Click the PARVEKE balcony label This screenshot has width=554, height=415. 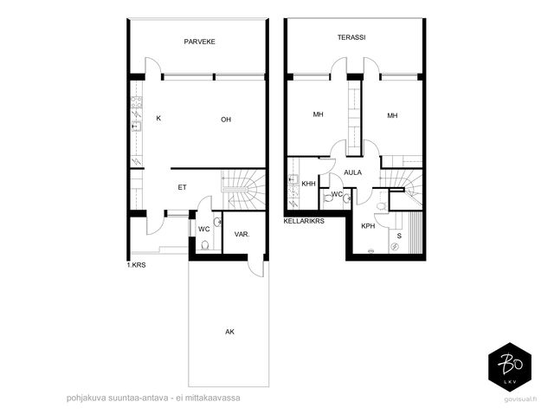(x=199, y=42)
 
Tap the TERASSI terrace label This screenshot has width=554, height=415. (x=351, y=37)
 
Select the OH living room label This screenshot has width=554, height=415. (x=226, y=120)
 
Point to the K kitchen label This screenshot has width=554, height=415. (x=158, y=118)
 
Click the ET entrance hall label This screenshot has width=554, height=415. (x=182, y=187)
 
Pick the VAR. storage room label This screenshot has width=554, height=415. (x=242, y=234)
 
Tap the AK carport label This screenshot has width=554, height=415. (x=229, y=332)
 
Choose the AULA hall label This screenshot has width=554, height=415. (x=352, y=172)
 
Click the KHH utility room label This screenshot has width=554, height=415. (x=308, y=184)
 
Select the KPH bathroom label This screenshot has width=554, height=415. (x=368, y=226)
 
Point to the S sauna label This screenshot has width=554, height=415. (x=399, y=236)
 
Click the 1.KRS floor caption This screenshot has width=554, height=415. (x=137, y=265)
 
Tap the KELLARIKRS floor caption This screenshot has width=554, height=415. (x=304, y=221)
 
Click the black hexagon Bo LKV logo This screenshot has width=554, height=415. (x=510, y=367)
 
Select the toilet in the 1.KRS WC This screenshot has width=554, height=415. (x=204, y=244)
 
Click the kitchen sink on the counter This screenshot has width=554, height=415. (x=137, y=126)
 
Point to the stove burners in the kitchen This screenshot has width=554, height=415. (x=137, y=102)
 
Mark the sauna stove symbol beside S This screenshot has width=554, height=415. (x=396, y=246)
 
